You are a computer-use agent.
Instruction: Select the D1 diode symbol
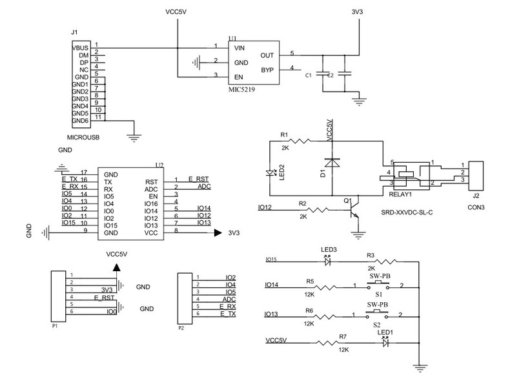[332, 163]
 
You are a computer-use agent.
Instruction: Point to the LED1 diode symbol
[385, 342]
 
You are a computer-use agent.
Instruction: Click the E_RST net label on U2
[199, 178]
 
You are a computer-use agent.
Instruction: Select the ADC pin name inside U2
[151, 189]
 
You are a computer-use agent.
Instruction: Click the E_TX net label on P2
[227, 313]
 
